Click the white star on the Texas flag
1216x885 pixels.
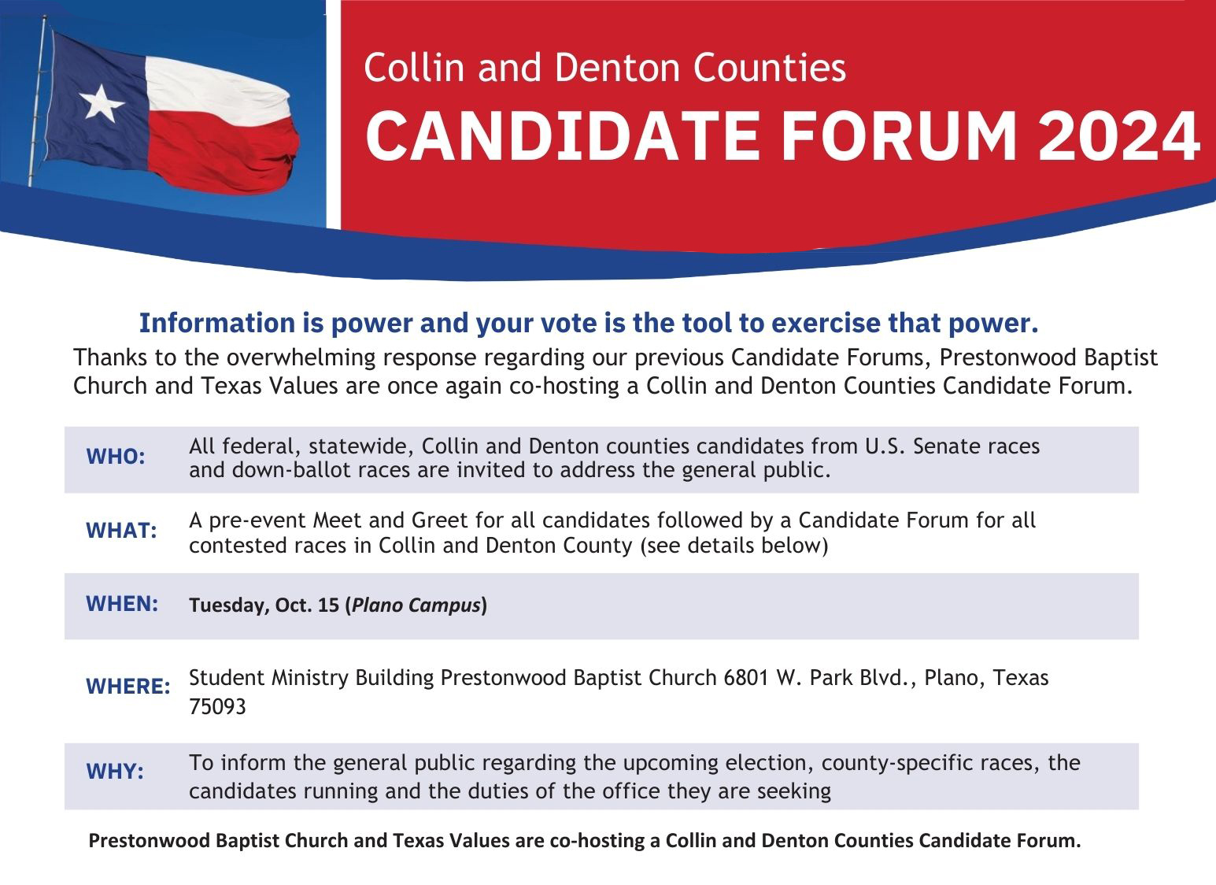(x=102, y=104)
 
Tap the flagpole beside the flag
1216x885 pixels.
(x=38, y=101)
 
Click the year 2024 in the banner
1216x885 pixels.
(x=1118, y=135)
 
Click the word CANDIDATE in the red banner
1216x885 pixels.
(x=562, y=135)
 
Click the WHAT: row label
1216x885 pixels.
(x=121, y=531)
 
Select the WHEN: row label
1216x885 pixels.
(x=122, y=604)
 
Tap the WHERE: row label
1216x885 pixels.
(x=128, y=687)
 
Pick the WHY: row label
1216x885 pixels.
(x=115, y=771)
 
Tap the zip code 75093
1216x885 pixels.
(x=217, y=707)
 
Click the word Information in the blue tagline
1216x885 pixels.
(x=217, y=323)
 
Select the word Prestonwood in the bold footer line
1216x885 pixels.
(x=150, y=840)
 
